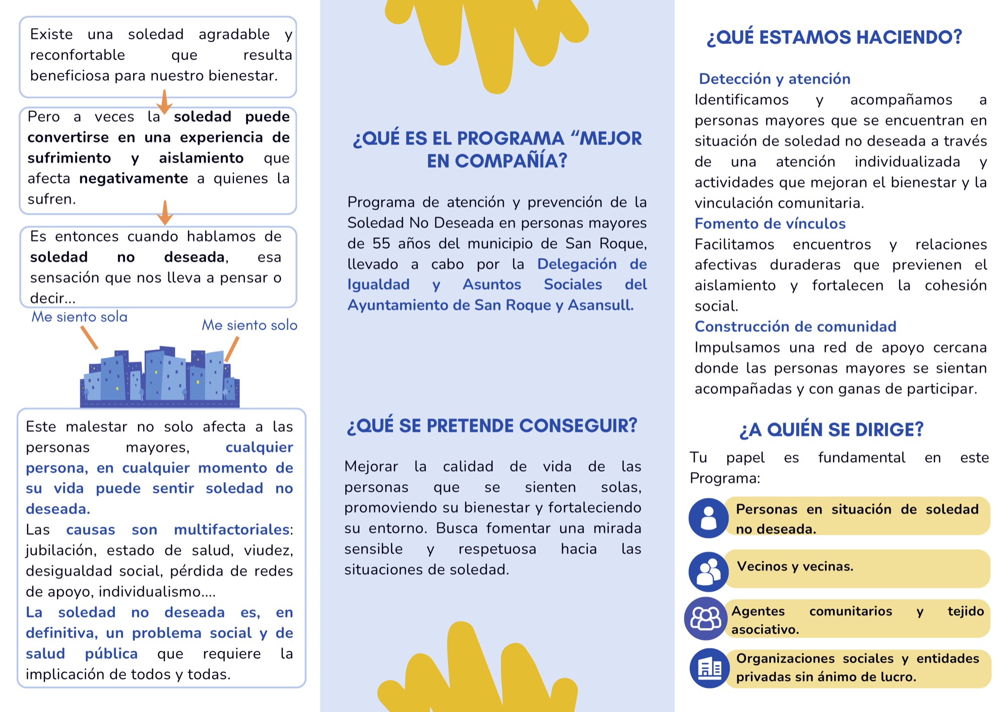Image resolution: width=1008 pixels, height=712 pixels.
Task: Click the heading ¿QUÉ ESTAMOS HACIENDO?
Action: pyautogui.click(x=834, y=37)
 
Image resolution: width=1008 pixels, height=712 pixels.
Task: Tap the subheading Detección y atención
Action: pyautogui.click(x=774, y=79)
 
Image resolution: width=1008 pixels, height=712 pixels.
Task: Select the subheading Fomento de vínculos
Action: pyautogui.click(x=770, y=223)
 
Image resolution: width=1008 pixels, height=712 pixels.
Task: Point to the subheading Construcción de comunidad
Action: pyautogui.click(x=795, y=327)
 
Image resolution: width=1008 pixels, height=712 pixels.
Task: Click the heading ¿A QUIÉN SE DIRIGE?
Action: pyautogui.click(x=831, y=429)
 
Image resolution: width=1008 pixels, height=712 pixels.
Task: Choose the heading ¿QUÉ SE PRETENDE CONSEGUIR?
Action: pyautogui.click(x=492, y=425)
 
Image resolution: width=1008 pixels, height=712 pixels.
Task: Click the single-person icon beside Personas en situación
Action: pyautogui.click(x=708, y=517)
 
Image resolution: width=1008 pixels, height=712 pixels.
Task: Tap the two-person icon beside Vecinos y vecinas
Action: pyautogui.click(x=708, y=571)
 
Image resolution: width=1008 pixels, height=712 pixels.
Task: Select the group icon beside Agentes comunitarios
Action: pyautogui.click(x=706, y=618)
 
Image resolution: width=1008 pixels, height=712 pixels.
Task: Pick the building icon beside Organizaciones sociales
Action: pyautogui.click(x=709, y=668)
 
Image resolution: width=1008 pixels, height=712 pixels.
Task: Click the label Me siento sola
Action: pyautogui.click(x=79, y=317)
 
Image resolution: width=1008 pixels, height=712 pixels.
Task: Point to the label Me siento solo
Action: pyautogui.click(x=249, y=325)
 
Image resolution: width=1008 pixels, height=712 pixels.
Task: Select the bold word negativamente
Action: pyautogui.click(x=134, y=178)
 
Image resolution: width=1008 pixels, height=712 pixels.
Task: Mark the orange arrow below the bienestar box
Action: pyautogui.click(x=164, y=102)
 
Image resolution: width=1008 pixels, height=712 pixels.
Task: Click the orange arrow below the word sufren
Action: pyautogui.click(x=165, y=213)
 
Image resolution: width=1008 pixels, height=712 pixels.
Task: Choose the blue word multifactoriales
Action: pyautogui.click(x=231, y=530)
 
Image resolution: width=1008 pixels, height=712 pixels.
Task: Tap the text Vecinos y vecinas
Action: pyautogui.click(x=795, y=566)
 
